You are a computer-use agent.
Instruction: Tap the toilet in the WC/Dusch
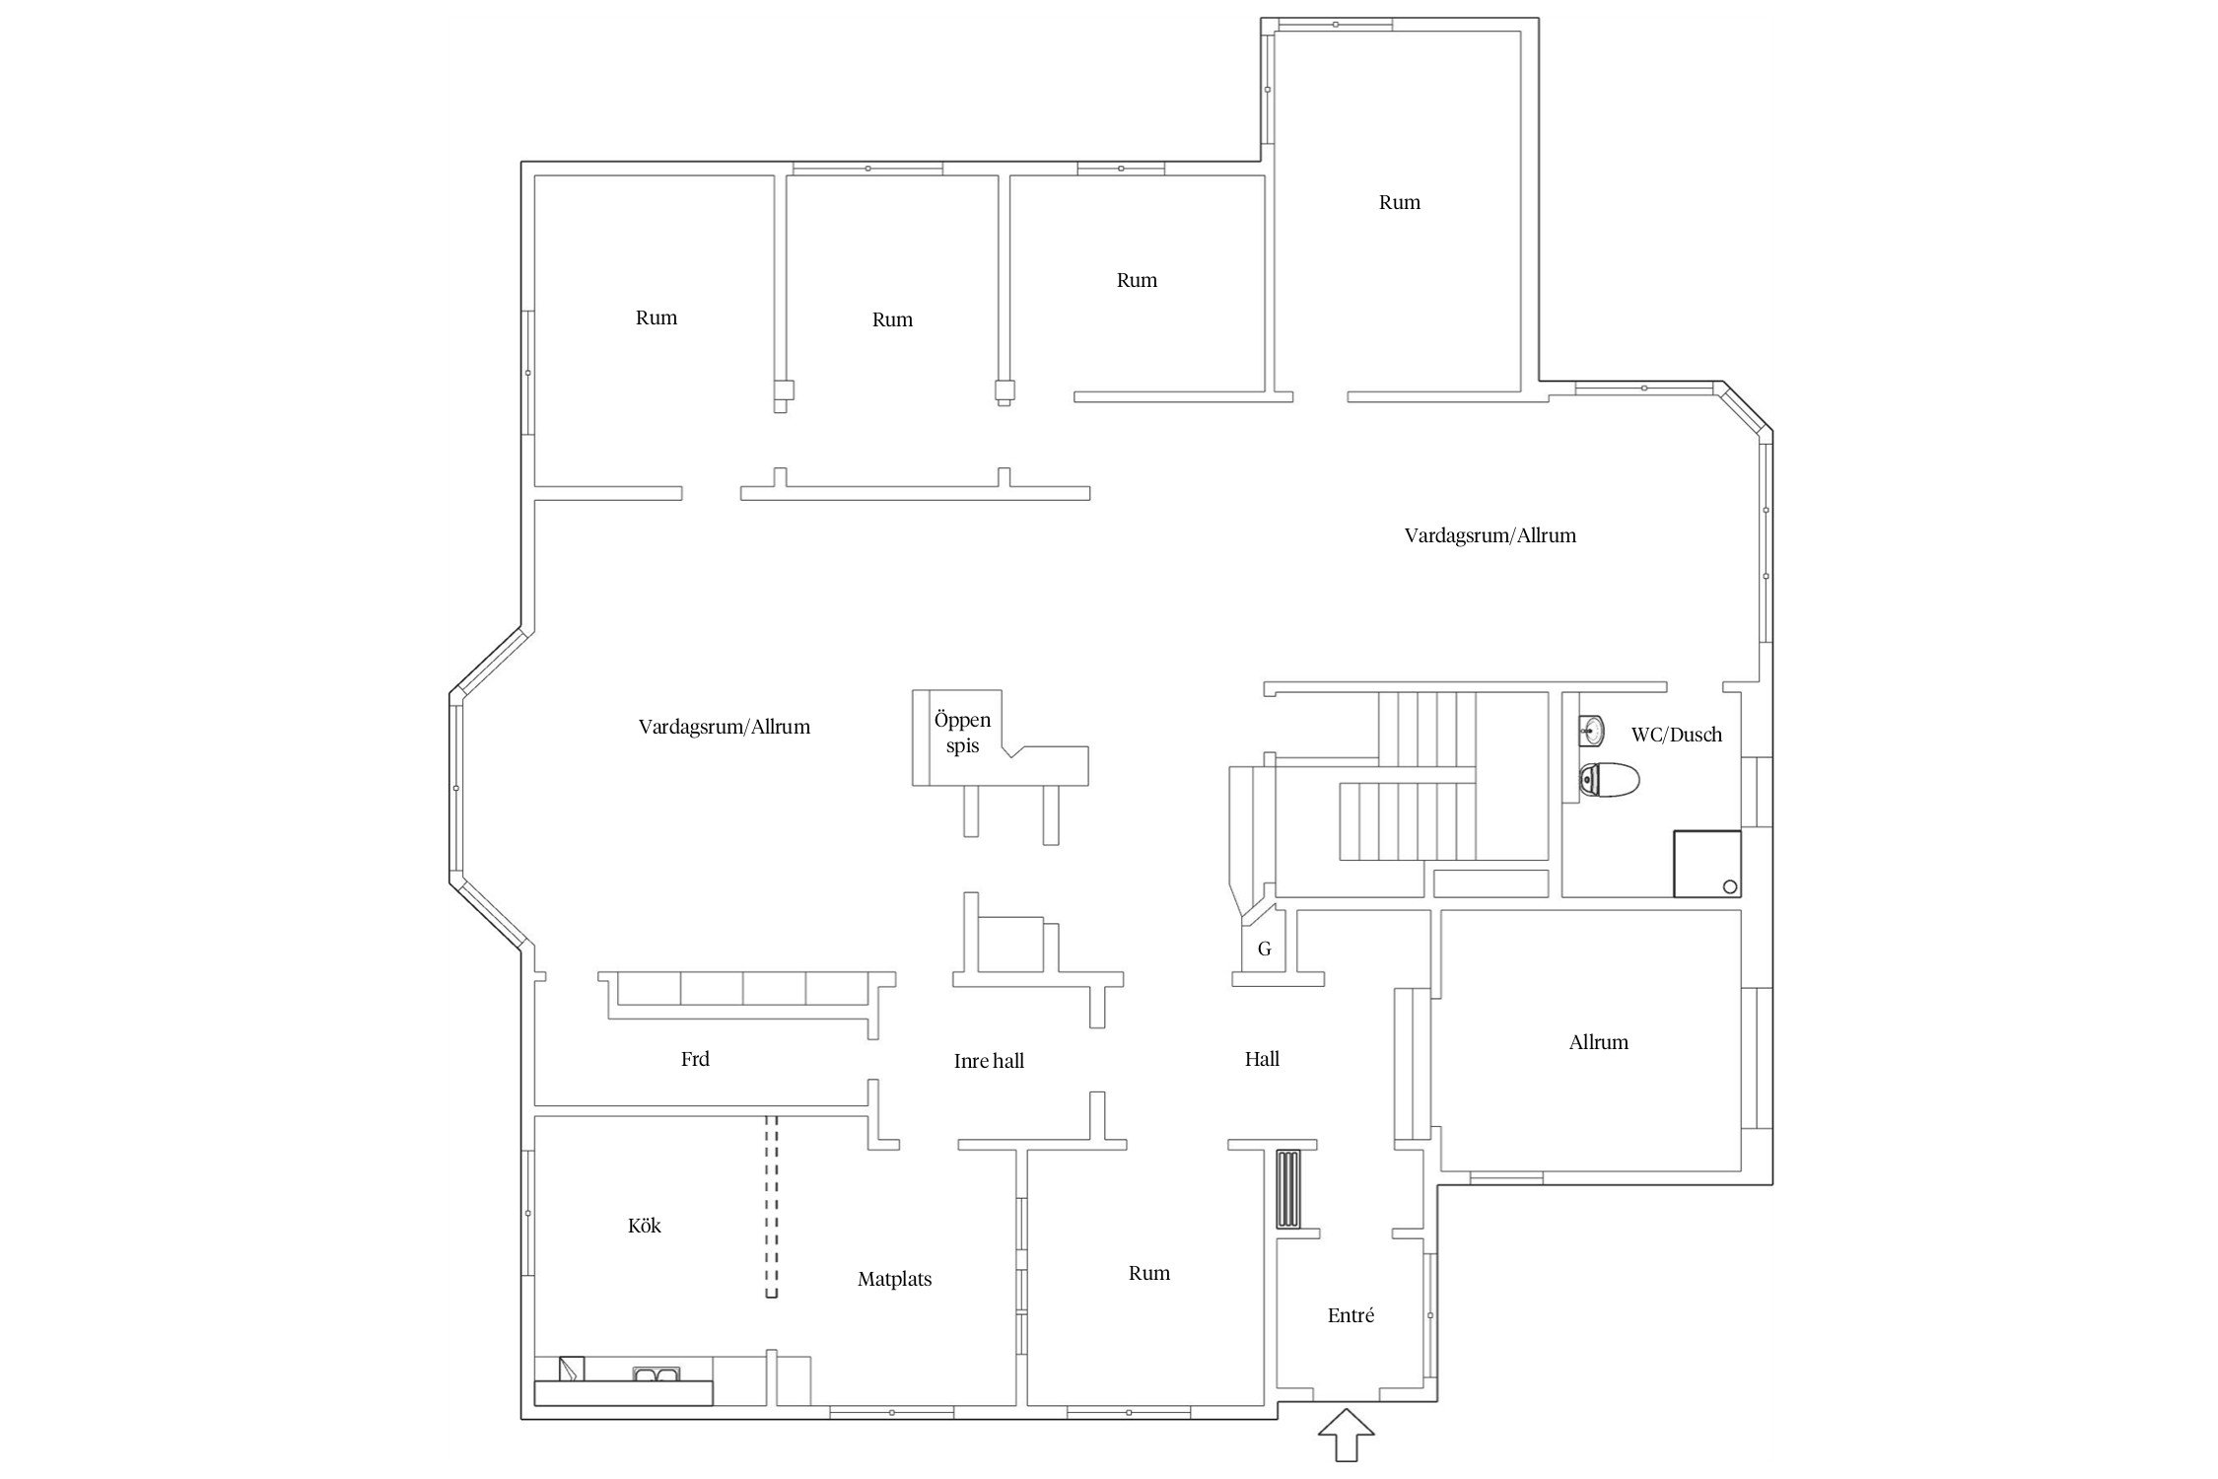1609,781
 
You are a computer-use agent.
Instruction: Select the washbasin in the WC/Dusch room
1590,730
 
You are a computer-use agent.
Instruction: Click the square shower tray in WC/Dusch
1706,864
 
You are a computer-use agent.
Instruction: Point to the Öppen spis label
962,733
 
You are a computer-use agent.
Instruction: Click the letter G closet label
1264,949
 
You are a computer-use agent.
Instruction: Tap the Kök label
645,1226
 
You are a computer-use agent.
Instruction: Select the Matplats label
894,1279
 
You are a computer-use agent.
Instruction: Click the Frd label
695,1059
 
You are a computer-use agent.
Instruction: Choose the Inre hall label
989,1061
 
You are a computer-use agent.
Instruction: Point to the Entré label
1351,1315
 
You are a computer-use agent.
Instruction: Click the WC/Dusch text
1677,735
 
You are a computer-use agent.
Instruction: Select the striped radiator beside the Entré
1288,1188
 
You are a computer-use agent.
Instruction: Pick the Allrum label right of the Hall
1598,1042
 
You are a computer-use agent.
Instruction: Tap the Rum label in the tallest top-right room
1399,202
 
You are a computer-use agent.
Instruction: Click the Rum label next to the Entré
1149,1273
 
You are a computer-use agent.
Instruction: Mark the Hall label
1262,1059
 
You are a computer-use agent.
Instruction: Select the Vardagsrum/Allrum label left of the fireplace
724,727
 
